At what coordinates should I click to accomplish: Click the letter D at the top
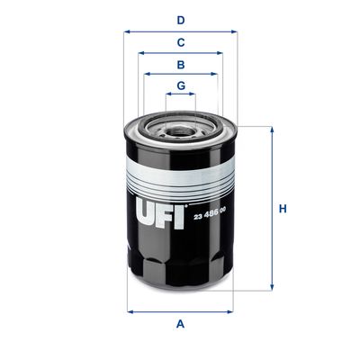tap(180, 19)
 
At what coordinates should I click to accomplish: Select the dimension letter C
tap(180, 41)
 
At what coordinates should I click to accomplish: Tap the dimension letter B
tap(180, 65)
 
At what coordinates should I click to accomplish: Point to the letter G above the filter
tap(180, 86)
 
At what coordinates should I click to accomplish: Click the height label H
tap(283, 209)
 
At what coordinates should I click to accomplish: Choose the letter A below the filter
tap(180, 324)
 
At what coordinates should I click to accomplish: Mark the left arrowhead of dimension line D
tap(127, 31)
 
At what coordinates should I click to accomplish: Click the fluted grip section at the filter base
tap(180, 270)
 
